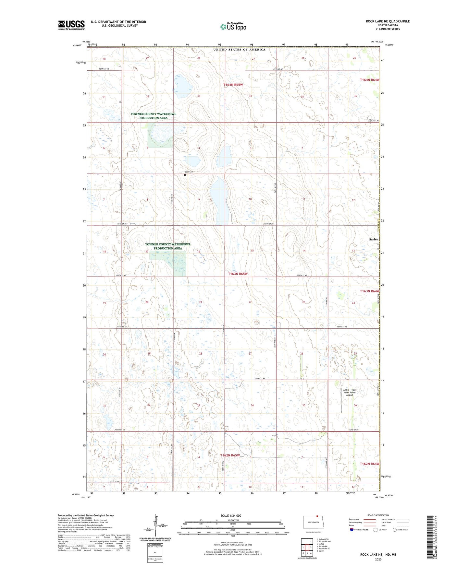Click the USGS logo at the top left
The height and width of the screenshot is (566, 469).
tap(71, 25)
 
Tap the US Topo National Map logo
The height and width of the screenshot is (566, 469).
tap(233, 27)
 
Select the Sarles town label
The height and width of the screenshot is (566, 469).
tap(373, 239)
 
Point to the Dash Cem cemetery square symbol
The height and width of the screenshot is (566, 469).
tap(185, 175)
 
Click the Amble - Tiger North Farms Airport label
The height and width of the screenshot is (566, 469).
tap(350, 392)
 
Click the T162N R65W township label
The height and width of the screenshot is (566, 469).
tap(230, 455)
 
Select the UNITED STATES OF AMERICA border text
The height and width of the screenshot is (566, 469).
tap(239, 50)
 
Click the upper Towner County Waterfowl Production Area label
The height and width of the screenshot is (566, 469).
tap(153, 116)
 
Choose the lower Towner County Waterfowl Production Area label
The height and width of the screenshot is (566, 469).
tap(168, 246)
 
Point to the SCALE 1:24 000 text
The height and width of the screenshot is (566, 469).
tap(231, 515)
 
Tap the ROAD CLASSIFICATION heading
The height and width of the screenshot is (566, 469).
tap(378, 515)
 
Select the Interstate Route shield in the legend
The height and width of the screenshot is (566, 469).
tap(352, 530)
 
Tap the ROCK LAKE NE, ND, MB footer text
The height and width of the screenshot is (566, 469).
tap(378, 555)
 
